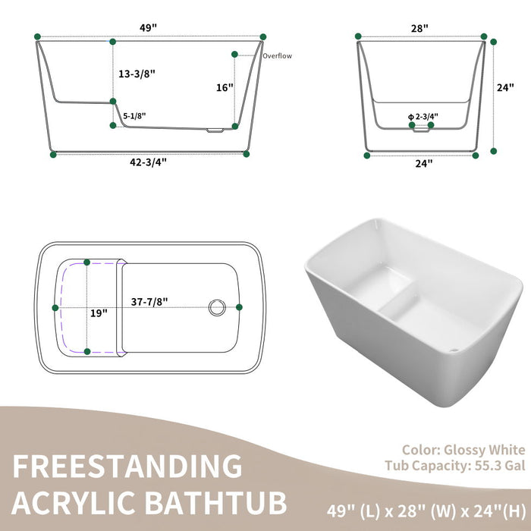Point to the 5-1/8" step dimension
pos(134,115)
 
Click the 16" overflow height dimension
pos(224,87)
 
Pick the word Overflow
pos(277,56)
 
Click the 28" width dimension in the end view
pos(420,28)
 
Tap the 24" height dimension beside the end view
pos(505,87)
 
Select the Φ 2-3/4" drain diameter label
pos(423,116)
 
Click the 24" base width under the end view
pos(423,162)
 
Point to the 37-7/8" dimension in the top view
pos(148,301)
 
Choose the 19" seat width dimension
pos(99,312)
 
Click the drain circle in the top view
pos(217,307)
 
